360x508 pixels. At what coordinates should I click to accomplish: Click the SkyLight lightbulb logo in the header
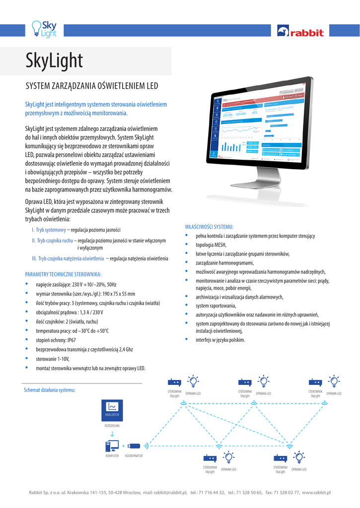pyautogui.click(x=44, y=28)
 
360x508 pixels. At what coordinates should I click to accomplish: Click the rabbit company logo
pyautogui.click(x=300, y=32)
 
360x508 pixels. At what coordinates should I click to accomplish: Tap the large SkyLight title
pyautogui.click(x=54, y=61)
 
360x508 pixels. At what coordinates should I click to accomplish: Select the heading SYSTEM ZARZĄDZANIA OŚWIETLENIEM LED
pyautogui.click(x=91, y=86)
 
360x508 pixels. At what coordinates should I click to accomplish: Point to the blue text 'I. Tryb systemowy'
pyautogui.click(x=49, y=230)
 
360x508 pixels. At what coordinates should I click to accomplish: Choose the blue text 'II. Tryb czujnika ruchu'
pyautogui.click(x=52, y=241)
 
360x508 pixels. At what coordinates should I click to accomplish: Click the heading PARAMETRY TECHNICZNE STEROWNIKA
pyautogui.click(x=63, y=274)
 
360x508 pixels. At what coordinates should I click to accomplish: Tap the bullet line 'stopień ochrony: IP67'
pyautogui.click(x=56, y=340)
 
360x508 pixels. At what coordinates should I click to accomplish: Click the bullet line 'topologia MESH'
pyautogui.click(x=211, y=245)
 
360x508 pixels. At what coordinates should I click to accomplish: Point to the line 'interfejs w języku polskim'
pyautogui.click(x=220, y=340)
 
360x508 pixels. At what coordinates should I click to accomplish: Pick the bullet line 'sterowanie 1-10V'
pyautogui.click(x=53, y=359)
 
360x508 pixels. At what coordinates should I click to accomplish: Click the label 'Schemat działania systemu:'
pyautogui.click(x=50, y=390)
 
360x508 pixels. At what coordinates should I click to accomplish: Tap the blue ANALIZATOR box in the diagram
pyautogui.click(x=112, y=409)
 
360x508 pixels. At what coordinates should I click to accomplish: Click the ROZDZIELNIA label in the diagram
pyautogui.click(x=112, y=426)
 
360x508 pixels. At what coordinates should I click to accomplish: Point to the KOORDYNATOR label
pyautogui.click(x=134, y=455)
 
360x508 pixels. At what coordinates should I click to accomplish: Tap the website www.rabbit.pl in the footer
pyautogui.click(x=316, y=493)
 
